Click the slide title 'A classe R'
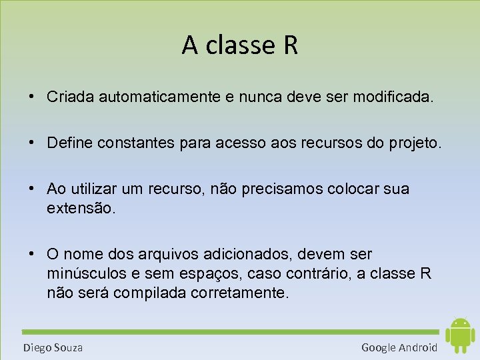pos(239,45)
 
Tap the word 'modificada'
pos(393,97)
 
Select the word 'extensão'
pos(81,208)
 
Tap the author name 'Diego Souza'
pos(53,347)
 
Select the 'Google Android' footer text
pos(399,347)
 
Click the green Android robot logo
pos(459,335)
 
